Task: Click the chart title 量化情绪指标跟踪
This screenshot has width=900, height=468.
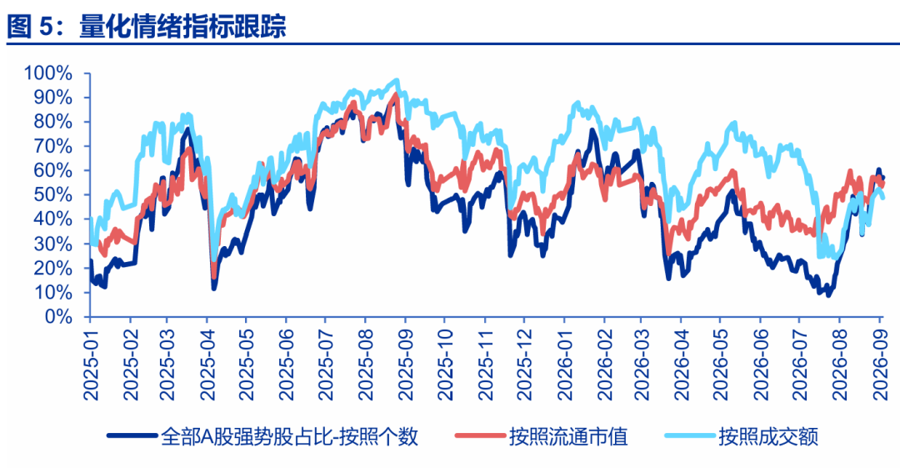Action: (x=182, y=27)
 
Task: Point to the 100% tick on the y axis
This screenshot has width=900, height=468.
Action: (x=47, y=73)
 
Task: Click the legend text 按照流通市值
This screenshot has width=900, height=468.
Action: (x=568, y=437)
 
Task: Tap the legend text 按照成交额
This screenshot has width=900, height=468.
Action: (x=768, y=437)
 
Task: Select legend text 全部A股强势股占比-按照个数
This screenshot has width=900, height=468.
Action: (x=289, y=437)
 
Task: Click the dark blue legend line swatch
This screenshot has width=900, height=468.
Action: (x=132, y=435)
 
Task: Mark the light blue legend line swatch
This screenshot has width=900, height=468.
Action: (x=689, y=435)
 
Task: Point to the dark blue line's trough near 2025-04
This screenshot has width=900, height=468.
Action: (x=213, y=288)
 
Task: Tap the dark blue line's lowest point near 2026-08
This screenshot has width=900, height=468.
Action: (x=827, y=295)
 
